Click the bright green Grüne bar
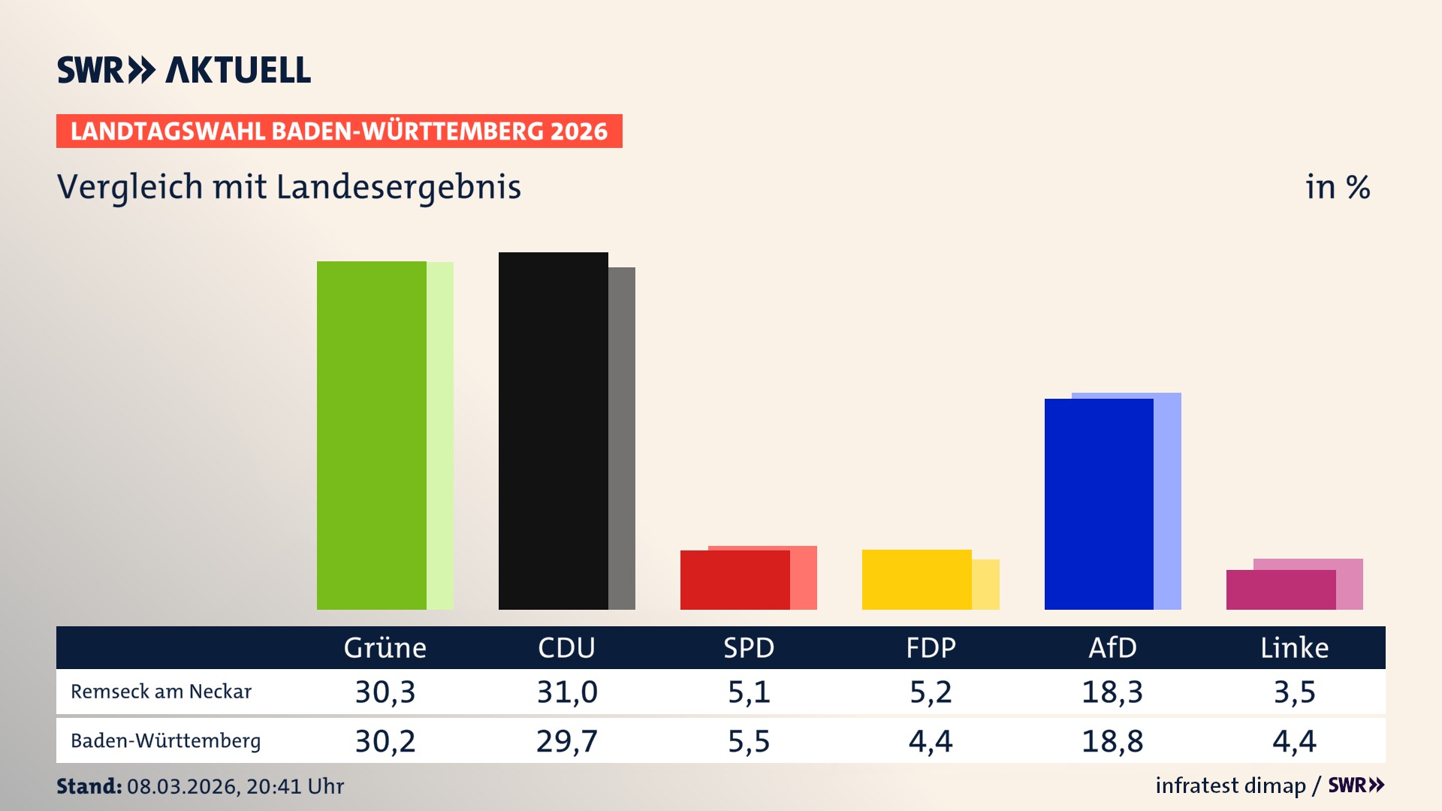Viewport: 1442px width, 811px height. coord(372,436)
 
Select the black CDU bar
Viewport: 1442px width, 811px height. coord(554,431)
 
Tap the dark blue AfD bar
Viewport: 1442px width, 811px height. coord(1099,504)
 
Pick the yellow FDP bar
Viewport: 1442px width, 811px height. coord(917,580)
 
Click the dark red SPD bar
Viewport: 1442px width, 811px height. coord(735,580)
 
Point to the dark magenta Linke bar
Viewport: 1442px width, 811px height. coord(1281,589)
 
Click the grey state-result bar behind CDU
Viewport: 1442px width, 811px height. coord(622,439)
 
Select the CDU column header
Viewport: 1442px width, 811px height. coord(566,647)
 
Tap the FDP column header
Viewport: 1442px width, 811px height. coord(931,647)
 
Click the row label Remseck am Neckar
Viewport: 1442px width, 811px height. coord(161,692)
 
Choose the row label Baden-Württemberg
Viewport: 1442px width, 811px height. coord(165,741)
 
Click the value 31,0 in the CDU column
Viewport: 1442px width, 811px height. coord(566,692)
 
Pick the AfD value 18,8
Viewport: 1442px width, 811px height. coord(1112,741)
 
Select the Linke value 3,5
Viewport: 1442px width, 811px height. coord(1294,692)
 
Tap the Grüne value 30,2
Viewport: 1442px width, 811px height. coord(385,741)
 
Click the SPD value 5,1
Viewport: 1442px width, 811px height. coord(749,692)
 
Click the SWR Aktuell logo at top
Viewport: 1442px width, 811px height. coord(184,70)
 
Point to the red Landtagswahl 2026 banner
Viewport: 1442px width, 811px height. coord(339,131)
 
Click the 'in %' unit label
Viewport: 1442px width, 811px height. coord(1337,187)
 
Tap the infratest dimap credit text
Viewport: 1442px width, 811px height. coord(1230,785)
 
